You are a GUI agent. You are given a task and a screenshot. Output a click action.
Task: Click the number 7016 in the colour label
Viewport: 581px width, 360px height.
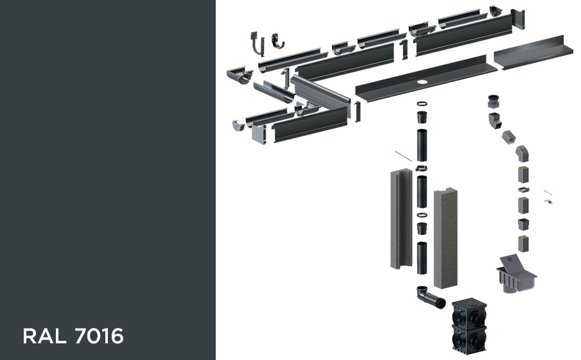coord(99,336)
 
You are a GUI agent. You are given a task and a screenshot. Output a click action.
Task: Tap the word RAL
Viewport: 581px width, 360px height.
coord(45,336)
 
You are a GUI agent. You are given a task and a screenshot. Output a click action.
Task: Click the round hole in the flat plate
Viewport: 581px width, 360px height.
coord(422,81)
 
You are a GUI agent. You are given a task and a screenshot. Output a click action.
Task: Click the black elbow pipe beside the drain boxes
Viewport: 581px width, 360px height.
coord(430,296)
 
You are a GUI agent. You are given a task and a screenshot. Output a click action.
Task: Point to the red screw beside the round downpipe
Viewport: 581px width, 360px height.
coord(404,156)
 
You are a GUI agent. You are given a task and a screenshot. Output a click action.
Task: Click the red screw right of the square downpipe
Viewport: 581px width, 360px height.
coord(547,192)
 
